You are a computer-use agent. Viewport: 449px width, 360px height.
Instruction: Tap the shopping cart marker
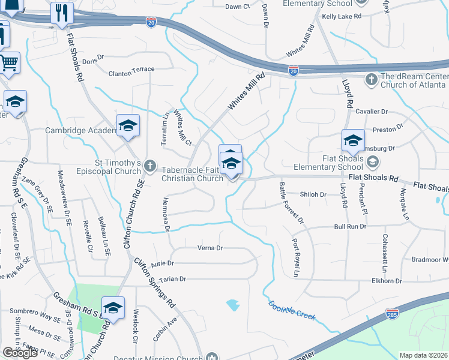(9, 62)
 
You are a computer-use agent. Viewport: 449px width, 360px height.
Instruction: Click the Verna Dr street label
(210, 248)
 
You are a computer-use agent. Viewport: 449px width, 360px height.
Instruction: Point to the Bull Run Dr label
(350, 226)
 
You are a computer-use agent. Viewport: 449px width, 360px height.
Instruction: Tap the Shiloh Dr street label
(314, 194)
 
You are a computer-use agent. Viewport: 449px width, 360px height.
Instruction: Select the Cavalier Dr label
(372, 112)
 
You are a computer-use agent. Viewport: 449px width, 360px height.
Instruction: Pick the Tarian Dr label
(173, 279)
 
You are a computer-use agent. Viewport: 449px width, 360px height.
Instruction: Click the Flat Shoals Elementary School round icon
(373, 161)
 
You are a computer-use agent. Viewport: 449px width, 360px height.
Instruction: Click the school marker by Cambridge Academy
(128, 125)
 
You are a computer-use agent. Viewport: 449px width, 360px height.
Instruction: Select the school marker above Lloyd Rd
(353, 141)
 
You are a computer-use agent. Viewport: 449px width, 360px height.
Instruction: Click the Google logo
(20, 353)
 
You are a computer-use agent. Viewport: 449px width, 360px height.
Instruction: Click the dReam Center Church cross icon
(372, 79)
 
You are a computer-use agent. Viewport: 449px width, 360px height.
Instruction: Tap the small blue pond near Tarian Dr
(233, 305)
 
